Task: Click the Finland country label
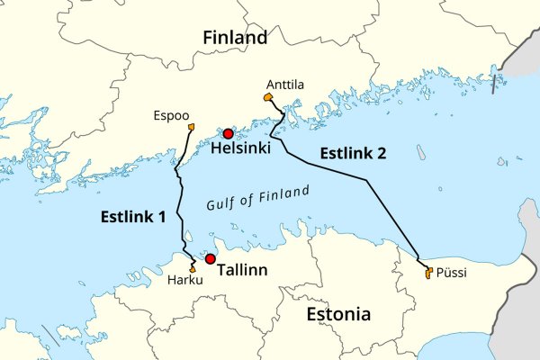(x=235, y=38)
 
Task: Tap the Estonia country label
(x=338, y=315)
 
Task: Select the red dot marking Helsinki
(x=229, y=134)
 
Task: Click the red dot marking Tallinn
(x=211, y=259)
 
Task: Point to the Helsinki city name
(x=240, y=150)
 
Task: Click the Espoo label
(x=171, y=115)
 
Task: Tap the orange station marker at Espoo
(x=192, y=127)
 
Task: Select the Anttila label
(x=285, y=85)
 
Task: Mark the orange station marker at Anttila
(x=268, y=97)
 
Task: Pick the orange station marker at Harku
(x=193, y=268)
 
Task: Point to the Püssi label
(x=451, y=274)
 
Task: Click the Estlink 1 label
(x=132, y=216)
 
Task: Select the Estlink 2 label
(x=352, y=153)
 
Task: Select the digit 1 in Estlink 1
(x=162, y=216)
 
